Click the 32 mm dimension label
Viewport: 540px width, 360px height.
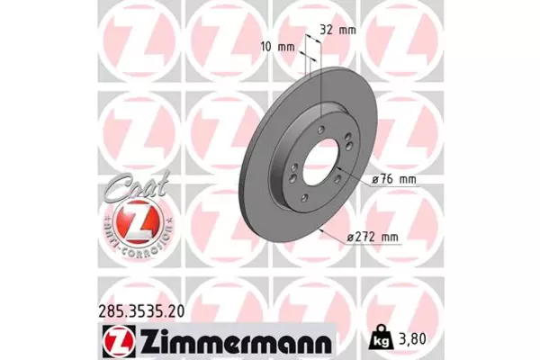(337, 30)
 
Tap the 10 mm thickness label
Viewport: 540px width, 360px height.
(277, 47)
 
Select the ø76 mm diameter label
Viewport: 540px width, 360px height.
(394, 179)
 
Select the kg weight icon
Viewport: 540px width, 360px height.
(382, 337)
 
